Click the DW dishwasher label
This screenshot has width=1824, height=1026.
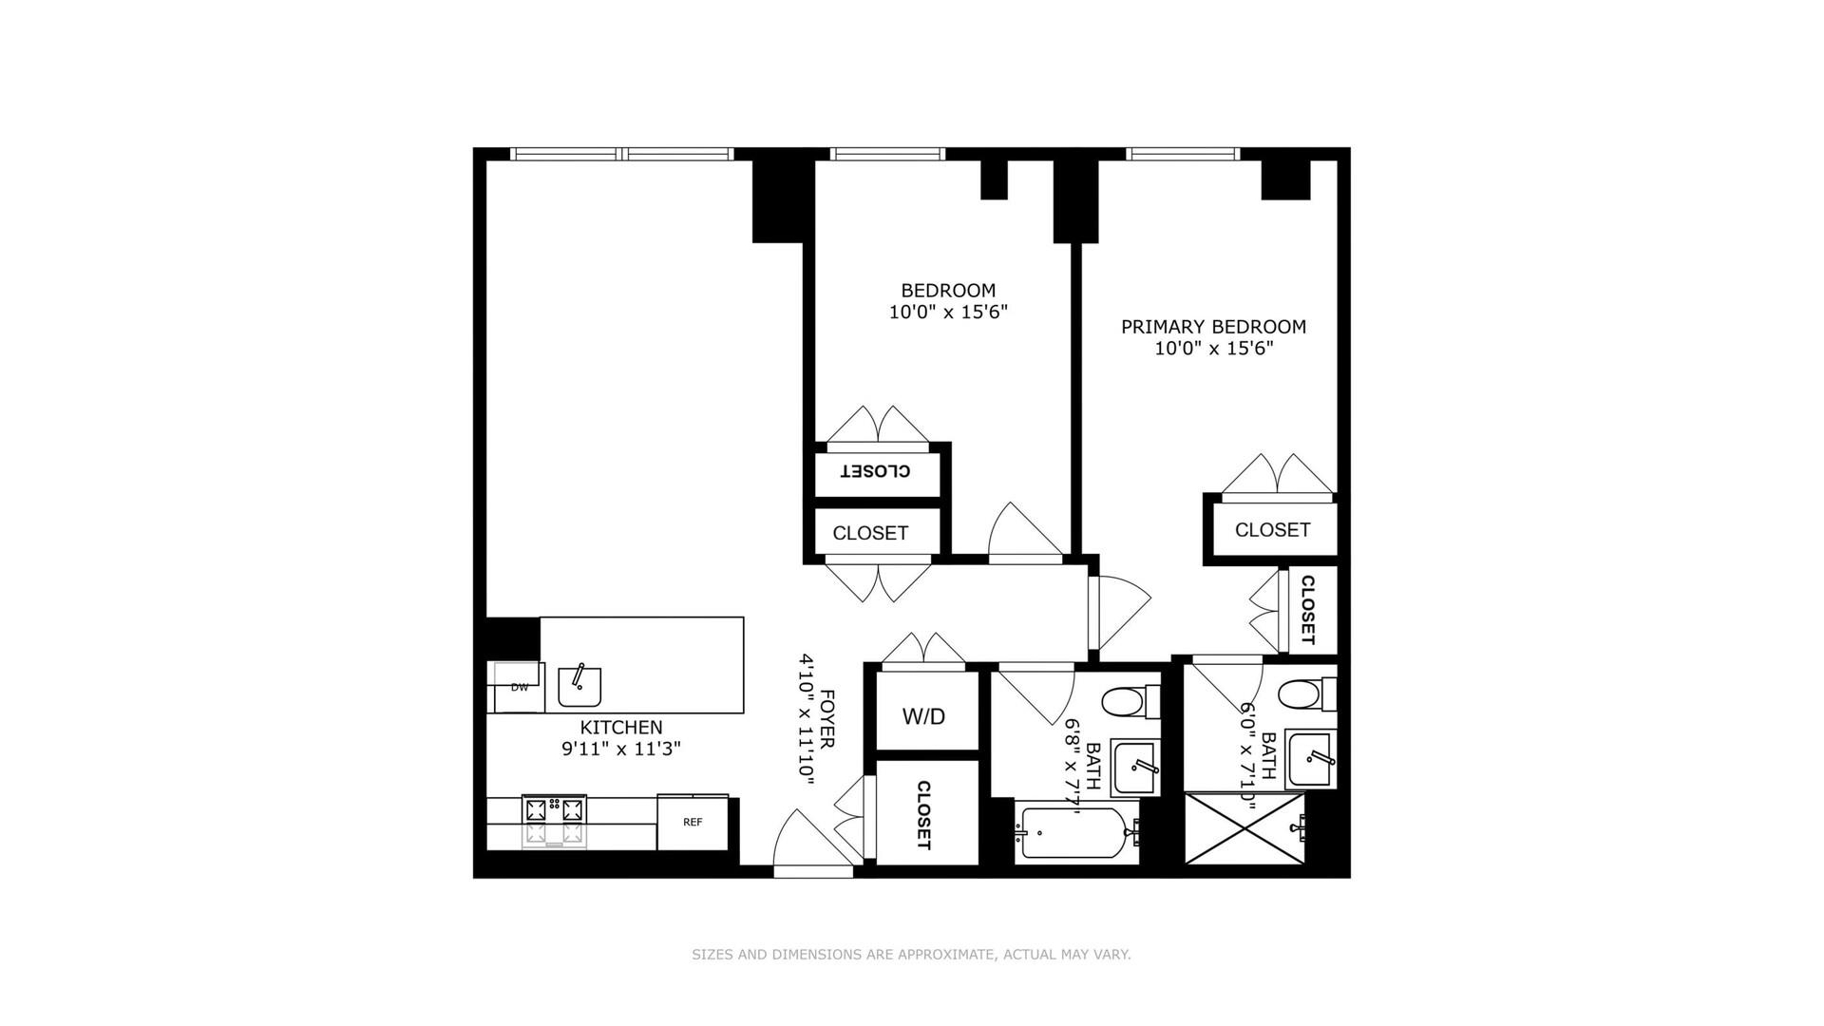click(520, 687)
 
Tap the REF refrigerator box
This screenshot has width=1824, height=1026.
click(693, 822)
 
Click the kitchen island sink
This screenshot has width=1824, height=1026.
click(579, 686)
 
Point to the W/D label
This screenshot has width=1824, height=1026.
click(924, 716)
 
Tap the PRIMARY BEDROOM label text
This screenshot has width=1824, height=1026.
click(1213, 327)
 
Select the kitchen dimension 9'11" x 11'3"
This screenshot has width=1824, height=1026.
click(621, 749)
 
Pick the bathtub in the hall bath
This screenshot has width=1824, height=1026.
click(1077, 836)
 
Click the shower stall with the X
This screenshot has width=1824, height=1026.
click(1245, 828)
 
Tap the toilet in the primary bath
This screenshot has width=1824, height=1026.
click(1307, 695)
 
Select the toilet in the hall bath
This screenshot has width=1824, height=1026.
click(1130, 704)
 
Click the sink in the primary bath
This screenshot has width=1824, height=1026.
click(1311, 759)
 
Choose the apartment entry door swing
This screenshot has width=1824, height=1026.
click(812, 840)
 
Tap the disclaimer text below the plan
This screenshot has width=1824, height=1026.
click(911, 955)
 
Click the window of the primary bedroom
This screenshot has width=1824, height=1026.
click(1184, 154)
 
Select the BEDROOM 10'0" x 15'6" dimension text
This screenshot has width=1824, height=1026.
click(948, 312)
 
